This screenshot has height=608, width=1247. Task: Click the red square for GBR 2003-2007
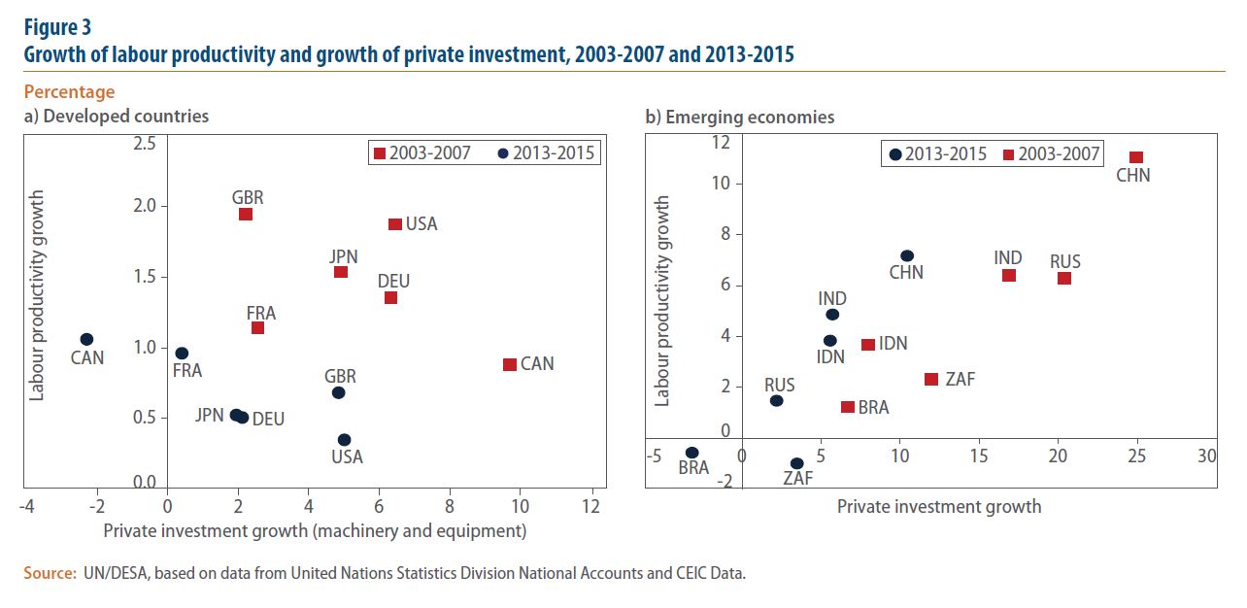(246, 214)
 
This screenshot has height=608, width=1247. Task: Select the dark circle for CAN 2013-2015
(86, 339)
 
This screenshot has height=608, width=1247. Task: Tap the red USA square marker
(395, 224)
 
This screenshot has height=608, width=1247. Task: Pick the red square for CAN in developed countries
(510, 364)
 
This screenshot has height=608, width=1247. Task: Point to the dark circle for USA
(344, 440)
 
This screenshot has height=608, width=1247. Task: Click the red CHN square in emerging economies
(1136, 157)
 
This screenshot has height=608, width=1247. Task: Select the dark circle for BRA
(691, 453)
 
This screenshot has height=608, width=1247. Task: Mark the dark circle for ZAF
(797, 463)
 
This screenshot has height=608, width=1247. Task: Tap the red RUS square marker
(1064, 278)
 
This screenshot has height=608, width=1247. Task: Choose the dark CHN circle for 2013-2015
(907, 255)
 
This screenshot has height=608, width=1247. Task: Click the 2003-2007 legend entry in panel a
(423, 153)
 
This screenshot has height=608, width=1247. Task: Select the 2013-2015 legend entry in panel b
(938, 153)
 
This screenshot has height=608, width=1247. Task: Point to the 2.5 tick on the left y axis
(145, 144)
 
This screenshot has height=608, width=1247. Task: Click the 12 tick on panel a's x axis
(590, 507)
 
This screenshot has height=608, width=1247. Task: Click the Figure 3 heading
(57, 27)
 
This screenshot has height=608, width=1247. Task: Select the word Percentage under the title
(69, 92)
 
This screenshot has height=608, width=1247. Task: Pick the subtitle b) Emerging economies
(740, 117)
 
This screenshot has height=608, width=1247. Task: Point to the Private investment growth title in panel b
(939, 506)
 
